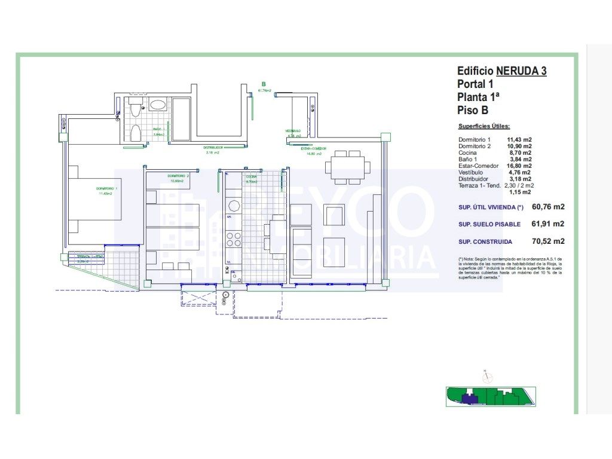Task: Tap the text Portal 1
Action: click(x=476, y=84)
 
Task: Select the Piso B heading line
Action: click(x=473, y=110)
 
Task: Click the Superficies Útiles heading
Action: click(x=484, y=127)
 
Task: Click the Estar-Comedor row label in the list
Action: click(x=478, y=166)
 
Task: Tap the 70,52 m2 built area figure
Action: click(x=548, y=241)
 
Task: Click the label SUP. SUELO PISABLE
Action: click(x=485, y=224)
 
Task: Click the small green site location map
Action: click(x=490, y=397)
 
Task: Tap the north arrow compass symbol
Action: click(x=487, y=377)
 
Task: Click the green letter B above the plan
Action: click(x=264, y=84)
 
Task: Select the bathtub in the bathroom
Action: click(x=181, y=119)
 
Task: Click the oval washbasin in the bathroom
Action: click(x=158, y=105)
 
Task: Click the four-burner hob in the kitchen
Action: click(x=233, y=239)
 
